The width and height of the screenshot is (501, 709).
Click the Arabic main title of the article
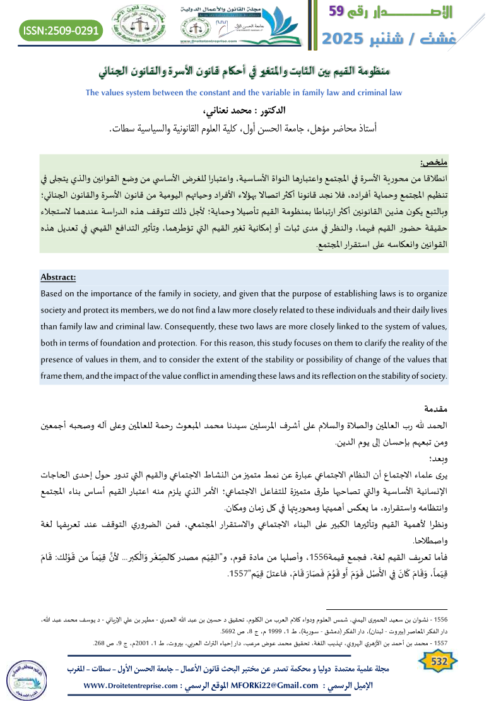pos(250,70)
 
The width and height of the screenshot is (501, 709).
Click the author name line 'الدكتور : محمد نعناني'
pos(251,112)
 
